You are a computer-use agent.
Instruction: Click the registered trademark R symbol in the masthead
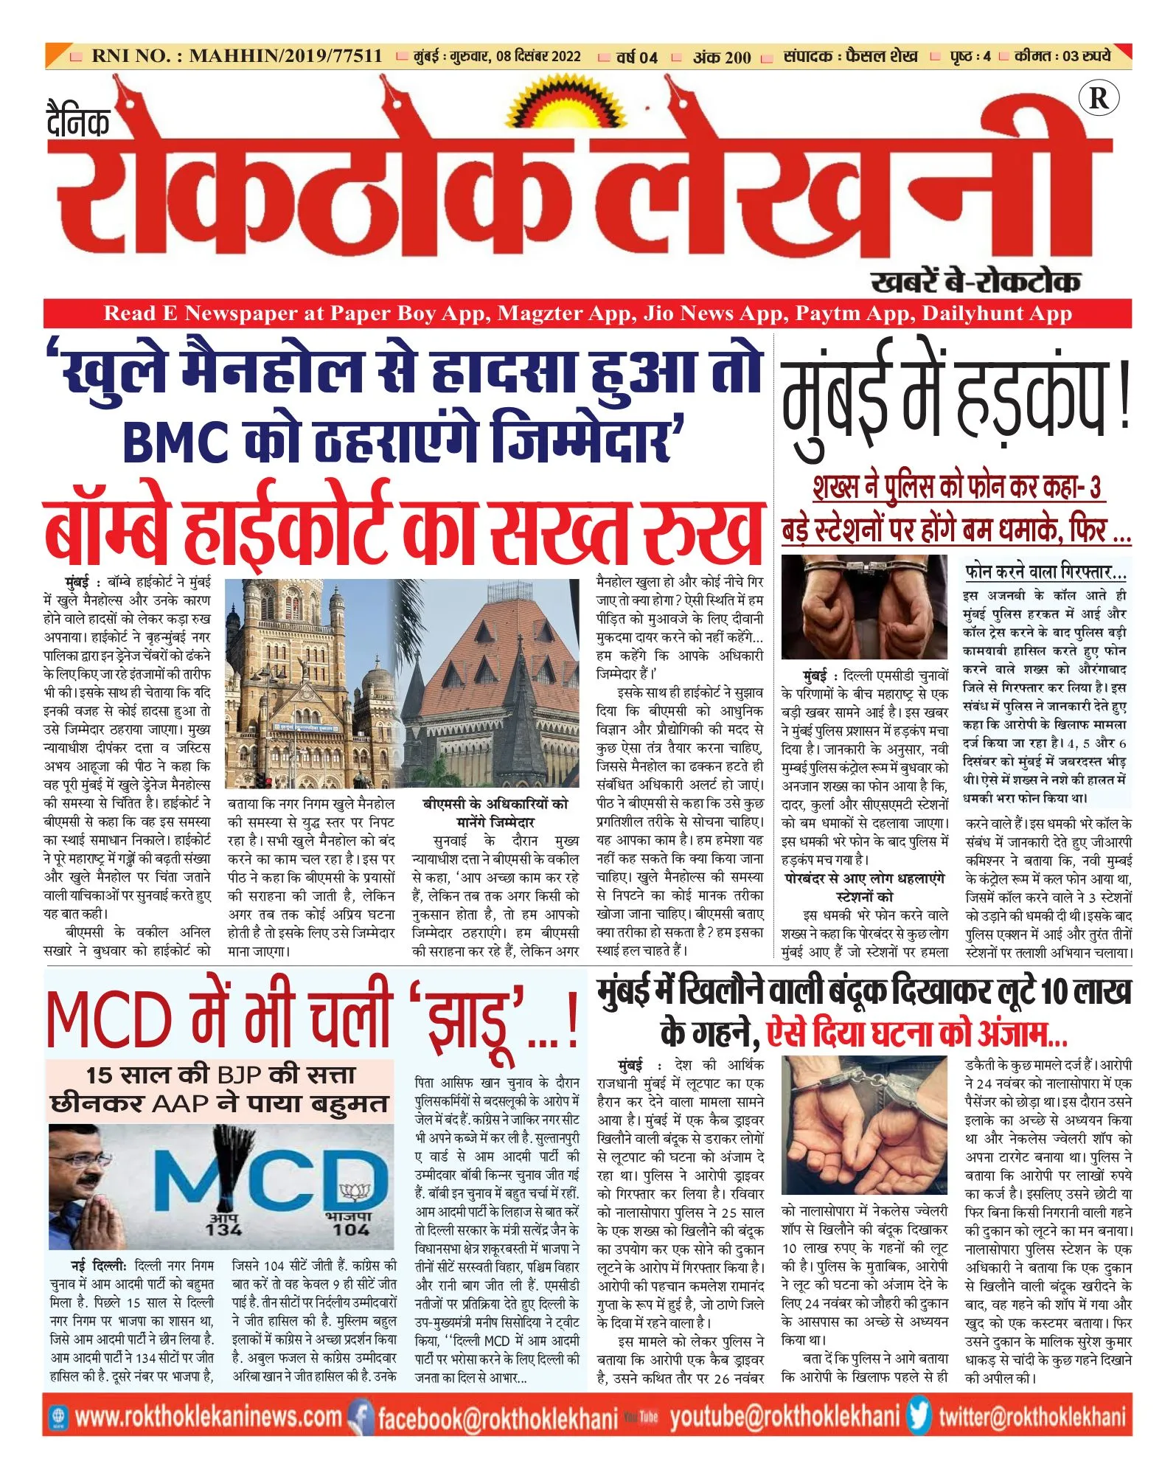click(1098, 98)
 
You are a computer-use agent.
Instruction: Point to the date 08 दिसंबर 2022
click(538, 57)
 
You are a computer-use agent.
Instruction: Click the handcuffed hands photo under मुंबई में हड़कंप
click(864, 607)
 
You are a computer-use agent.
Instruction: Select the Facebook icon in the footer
click(360, 1417)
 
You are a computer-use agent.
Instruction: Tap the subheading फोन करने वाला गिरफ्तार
click(1045, 572)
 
